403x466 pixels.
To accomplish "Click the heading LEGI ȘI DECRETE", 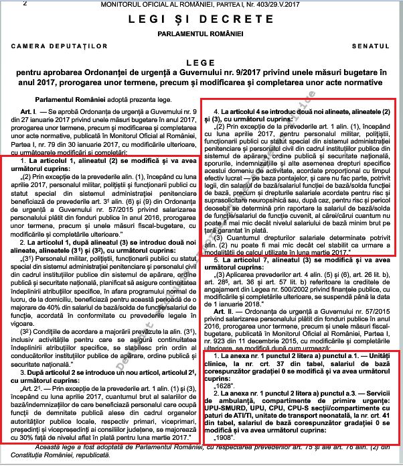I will click(201, 19).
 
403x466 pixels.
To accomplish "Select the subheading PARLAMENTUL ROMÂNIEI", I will click(201, 33).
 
